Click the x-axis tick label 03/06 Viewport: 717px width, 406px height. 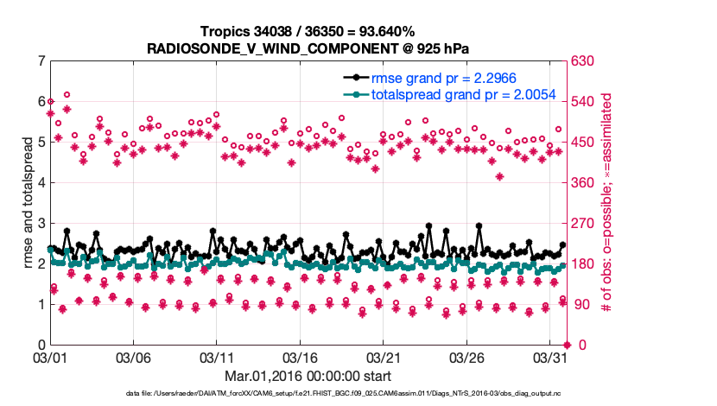point(134,357)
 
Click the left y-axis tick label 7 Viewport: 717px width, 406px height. point(41,61)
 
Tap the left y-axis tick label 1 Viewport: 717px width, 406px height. point(41,305)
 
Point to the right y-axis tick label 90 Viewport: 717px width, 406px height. point(581,305)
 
